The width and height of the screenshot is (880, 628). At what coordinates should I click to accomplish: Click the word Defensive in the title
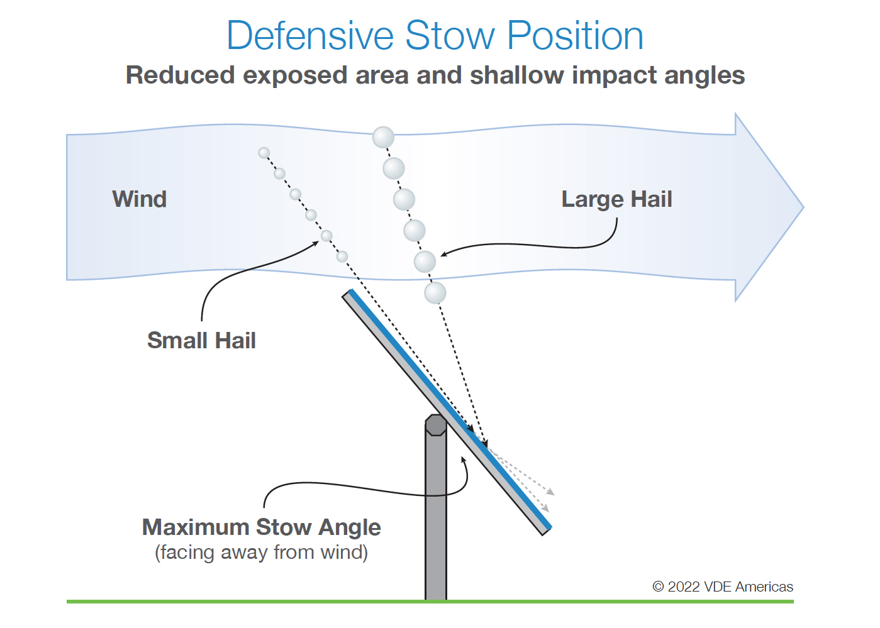click(x=310, y=36)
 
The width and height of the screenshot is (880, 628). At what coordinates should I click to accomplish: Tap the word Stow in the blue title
click(x=450, y=36)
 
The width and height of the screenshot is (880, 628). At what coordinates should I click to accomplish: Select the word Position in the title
click(x=575, y=36)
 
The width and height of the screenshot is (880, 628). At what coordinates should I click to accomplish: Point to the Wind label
click(x=140, y=199)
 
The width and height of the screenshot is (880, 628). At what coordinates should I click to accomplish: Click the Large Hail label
click(x=617, y=199)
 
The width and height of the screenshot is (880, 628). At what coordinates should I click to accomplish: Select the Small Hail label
click(x=201, y=340)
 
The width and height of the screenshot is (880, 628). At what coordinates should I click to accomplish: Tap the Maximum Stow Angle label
click(x=261, y=527)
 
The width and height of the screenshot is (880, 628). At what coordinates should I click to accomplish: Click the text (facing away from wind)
click(x=261, y=552)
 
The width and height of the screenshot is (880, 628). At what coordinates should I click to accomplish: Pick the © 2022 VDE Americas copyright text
click(x=723, y=587)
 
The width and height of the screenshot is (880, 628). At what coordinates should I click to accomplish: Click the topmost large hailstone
click(x=383, y=138)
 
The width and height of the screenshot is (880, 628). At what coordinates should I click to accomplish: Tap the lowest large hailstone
click(x=435, y=293)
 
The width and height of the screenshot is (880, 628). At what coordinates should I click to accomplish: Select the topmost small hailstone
click(x=264, y=153)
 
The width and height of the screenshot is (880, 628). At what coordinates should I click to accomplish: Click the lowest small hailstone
click(x=342, y=256)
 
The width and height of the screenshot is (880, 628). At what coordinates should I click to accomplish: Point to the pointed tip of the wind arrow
click(x=803, y=207)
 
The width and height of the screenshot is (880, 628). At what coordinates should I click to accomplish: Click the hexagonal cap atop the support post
click(x=436, y=425)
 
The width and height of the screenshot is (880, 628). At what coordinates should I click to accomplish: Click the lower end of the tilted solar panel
click(x=547, y=531)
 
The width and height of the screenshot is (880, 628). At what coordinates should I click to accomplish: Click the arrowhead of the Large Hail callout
click(x=444, y=254)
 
